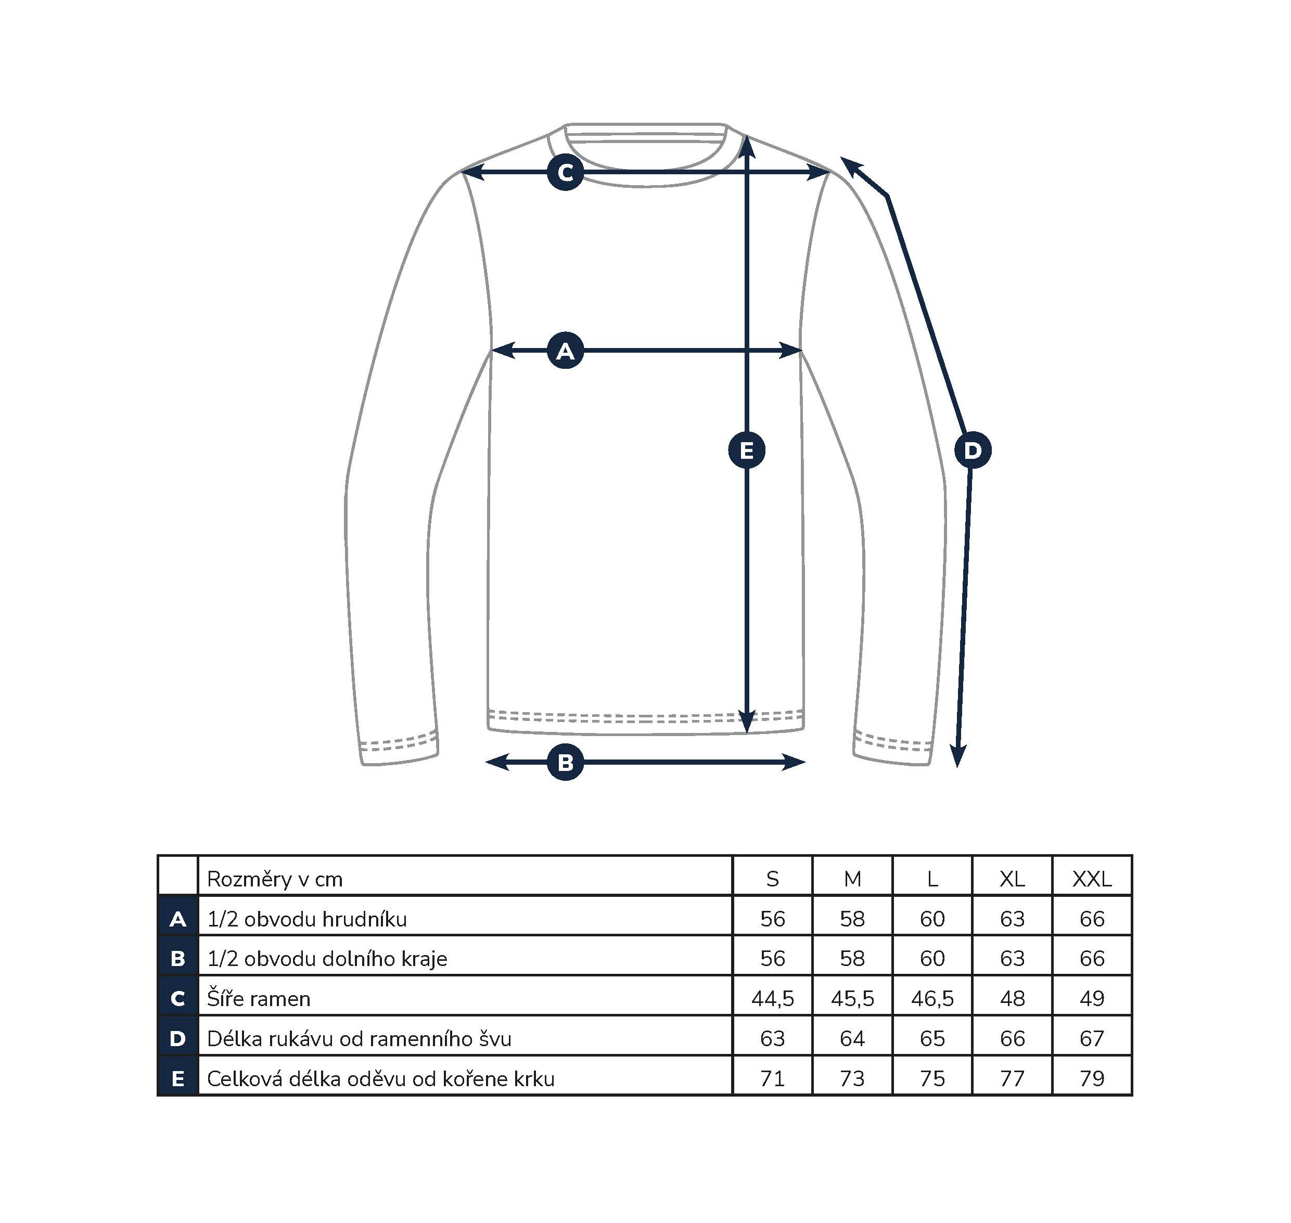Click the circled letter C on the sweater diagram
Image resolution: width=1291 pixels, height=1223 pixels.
coord(565,172)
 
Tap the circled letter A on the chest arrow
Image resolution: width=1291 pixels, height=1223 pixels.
coord(565,351)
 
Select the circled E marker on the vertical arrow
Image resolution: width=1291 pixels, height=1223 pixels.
coord(747,450)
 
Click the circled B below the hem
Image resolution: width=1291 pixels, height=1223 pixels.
coord(565,762)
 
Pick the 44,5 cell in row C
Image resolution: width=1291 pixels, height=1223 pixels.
coord(773,999)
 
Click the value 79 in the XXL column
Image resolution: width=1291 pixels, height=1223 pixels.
coord(1092,1079)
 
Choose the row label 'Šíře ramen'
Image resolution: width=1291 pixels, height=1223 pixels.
coord(258,999)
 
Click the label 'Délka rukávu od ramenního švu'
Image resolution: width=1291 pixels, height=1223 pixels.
coord(359,1038)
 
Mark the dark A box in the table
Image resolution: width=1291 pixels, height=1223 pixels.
coord(177,919)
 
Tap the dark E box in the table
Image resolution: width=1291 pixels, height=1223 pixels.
coord(177,1079)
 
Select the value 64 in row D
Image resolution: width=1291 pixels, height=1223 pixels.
coord(852,1038)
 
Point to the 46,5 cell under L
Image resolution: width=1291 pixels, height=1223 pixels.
coord(932,999)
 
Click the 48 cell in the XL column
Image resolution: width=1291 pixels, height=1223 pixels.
coord(1013,999)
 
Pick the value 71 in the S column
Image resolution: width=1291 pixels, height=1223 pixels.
coord(773,1079)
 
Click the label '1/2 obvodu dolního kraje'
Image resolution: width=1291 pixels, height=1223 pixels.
coord(327,959)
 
